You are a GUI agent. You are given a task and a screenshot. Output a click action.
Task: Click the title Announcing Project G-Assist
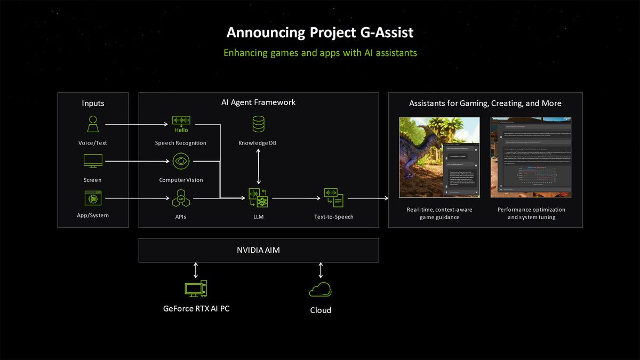pyautogui.click(x=320, y=33)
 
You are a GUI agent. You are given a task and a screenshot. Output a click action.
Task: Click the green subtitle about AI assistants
pyautogui.click(x=320, y=53)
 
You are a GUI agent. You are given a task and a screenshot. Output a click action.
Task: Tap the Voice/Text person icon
pyautogui.click(x=93, y=124)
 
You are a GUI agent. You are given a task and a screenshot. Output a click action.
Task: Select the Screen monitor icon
pyautogui.click(x=93, y=161)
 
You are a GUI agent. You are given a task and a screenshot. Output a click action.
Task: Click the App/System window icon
pyautogui.click(x=93, y=198)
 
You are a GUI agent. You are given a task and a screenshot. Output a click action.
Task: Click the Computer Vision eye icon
pyautogui.click(x=181, y=161)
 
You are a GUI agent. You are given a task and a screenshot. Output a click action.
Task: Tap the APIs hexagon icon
pyautogui.click(x=180, y=198)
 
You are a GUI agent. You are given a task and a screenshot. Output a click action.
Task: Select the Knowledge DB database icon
pyautogui.click(x=259, y=124)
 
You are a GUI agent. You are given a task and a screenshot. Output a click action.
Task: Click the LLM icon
pyautogui.click(x=259, y=198)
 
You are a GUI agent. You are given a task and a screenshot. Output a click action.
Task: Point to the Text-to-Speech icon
pyautogui.click(x=333, y=198)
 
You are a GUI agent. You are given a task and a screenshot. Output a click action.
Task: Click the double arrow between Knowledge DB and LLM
pyautogui.click(x=259, y=166)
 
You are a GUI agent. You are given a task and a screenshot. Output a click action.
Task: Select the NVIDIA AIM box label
pyautogui.click(x=259, y=250)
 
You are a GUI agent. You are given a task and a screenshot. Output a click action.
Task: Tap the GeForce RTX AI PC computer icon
pyautogui.click(x=196, y=289)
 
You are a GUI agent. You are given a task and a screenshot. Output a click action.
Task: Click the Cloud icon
pyautogui.click(x=320, y=290)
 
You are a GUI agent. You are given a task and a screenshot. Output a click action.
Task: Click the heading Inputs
pyautogui.click(x=93, y=103)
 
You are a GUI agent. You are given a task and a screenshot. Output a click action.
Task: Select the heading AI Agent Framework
pyautogui.click(x=259, y=102)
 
